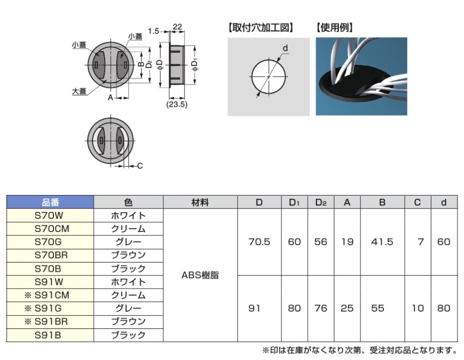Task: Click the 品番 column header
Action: [x=50, y=202]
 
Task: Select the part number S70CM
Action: [x=52, y=229]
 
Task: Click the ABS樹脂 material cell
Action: [x=200, y=276]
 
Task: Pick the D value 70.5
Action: [x=259, y=242]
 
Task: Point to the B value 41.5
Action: [x=382, y=242]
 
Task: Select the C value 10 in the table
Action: [x=418, y=308]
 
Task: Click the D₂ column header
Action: [x=321, y=203]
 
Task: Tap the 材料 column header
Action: [x=200, y=203]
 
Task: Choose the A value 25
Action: [x=347, y=308]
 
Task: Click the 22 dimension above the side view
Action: [x=177, y=27]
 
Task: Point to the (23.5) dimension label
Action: [x=176, y=104]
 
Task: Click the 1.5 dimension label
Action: [x=154, y=31]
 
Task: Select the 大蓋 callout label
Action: [x=79, y=91]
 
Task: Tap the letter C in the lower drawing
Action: [x=140, y=166]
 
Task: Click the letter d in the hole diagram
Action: [x=285, y=48]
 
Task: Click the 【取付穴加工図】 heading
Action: [x=261, y=28]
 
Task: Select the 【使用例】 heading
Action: [x=334, y=28]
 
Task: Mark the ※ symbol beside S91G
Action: [x=28, y=308]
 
